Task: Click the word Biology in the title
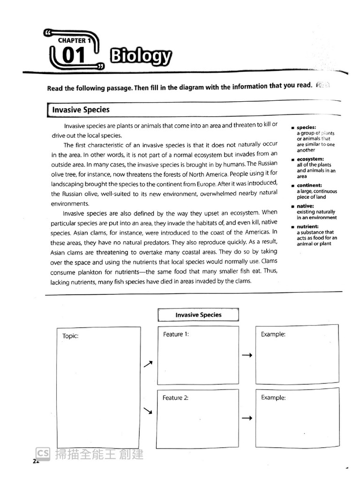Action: tap(140, 57)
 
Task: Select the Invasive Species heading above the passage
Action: tap(81, 110)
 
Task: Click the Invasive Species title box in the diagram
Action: tap(198, 315)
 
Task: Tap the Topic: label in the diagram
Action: tap(70, 336)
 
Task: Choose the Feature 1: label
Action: tap(176, 334)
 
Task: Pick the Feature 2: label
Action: tap(176, 397)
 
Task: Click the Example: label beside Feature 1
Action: tap(273, 334)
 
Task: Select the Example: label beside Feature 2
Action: tap(273, 397)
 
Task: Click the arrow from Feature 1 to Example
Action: tap(247, 356)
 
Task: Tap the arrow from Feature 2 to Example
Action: tap(247, 418)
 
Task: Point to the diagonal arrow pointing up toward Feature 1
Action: tap(148, 364)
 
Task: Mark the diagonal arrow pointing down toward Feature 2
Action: tap(148, 411)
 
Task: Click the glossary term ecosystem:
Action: tap(310, 159)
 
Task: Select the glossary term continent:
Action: tap(309, 186)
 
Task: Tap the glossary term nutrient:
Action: tap(308, 226)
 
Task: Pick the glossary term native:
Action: tap(305, 206)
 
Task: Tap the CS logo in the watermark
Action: tap(43, 453)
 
